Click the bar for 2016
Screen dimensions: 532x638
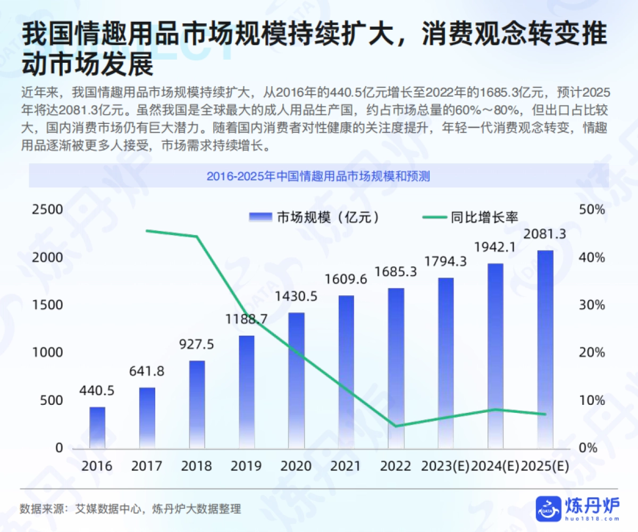97,427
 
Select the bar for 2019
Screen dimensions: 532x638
247,392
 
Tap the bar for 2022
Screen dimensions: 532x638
396,368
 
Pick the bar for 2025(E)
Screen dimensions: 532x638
545,349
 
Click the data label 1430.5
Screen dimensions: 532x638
296,296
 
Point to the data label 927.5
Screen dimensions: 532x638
197,344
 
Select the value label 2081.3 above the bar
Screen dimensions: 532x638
545,234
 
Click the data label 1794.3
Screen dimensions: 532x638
446,262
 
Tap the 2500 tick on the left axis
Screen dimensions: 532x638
48,210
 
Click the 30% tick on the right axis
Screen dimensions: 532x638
592,305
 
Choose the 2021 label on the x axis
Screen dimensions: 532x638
346,467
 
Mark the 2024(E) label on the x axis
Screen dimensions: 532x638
495,467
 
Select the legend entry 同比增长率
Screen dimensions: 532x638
470,217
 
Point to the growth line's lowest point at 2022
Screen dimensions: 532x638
396,426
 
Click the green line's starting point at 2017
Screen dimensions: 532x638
147,231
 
